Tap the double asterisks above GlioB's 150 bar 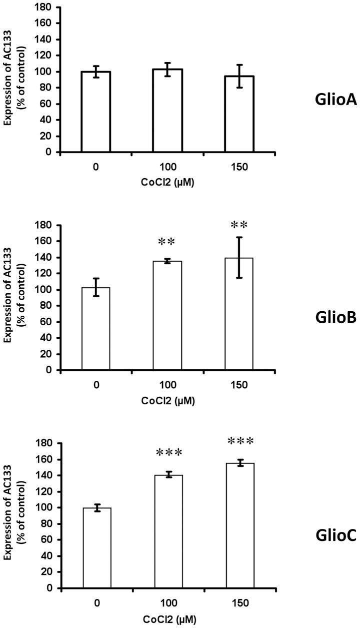(239, 225)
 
